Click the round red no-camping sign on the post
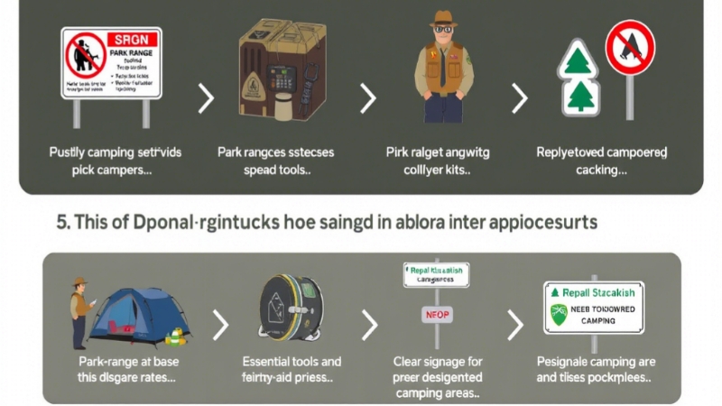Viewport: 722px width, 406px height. [629, 49]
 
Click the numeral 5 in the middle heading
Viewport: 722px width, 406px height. [61, 221]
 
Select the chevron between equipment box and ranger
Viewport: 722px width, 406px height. [368, 97]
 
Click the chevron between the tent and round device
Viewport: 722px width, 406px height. [219, 325]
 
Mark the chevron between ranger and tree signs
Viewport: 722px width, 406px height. [519, 97]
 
